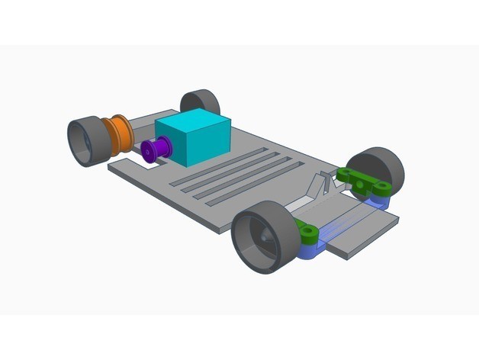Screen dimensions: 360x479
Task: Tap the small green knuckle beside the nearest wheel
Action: click(x=308, y=232)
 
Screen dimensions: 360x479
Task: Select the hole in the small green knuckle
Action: click(x=307, y=229)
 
